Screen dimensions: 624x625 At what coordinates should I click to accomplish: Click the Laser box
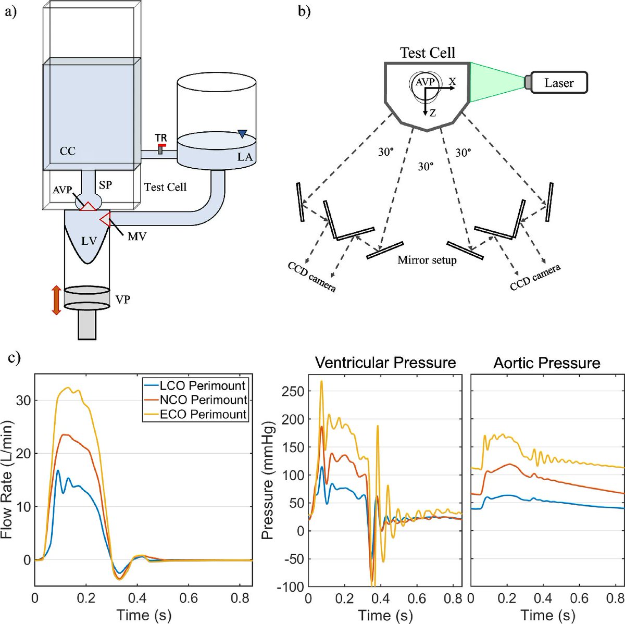pos(559,82)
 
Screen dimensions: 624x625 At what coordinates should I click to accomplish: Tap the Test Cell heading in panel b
pos(427,53)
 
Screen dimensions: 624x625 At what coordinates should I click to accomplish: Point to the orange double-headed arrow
pos(56,299)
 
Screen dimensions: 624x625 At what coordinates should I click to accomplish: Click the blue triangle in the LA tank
pos(242,134)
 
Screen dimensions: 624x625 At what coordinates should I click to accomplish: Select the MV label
pos(137,236)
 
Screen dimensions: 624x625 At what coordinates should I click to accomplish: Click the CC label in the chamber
pos(68,151)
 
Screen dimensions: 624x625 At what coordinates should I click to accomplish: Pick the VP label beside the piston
pos(123,299)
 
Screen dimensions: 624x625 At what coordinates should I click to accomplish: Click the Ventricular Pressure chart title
pos(386,363)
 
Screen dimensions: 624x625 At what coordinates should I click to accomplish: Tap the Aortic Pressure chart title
pos(547,363)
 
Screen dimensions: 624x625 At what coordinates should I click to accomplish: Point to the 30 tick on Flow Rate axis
pos(24,400)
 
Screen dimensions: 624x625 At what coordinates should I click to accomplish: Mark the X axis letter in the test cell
pos(452,81)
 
